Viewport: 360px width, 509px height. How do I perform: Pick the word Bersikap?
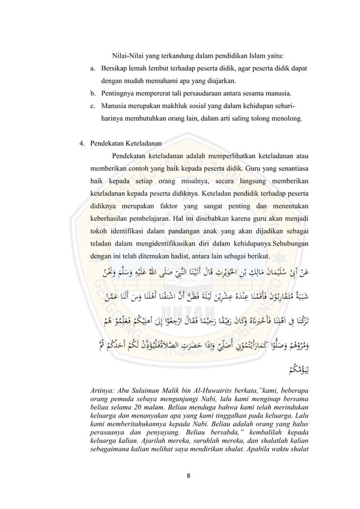pos(116,69)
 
